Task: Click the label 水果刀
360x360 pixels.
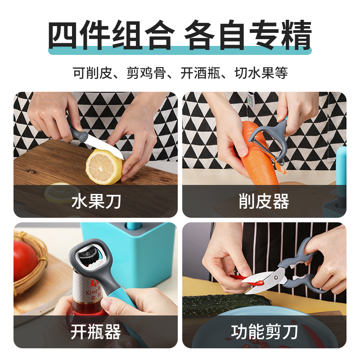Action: pos(96,202)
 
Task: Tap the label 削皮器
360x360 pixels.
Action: pos(264,202)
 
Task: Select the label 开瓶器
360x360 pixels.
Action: pos(96,332)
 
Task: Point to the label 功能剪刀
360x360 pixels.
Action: pos(265,332)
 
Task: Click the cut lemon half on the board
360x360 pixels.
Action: pos(104,166)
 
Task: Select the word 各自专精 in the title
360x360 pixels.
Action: pos(248,35)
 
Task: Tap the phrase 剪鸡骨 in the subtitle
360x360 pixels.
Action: pos(146,73)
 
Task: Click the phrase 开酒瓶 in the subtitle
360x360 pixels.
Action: pos(200,73)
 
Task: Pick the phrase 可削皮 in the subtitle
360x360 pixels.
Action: pos(92,73)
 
